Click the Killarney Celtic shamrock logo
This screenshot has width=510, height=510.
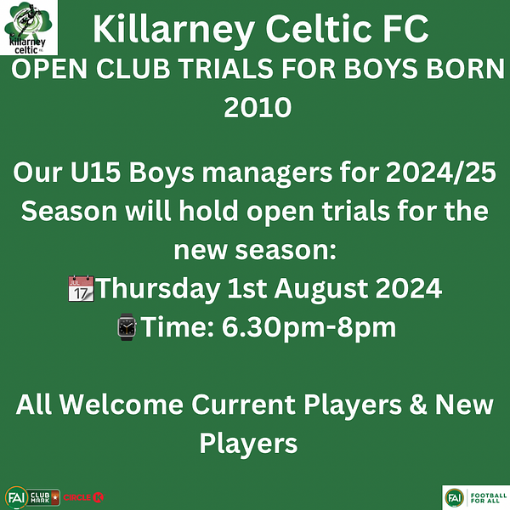[x=29, y=28]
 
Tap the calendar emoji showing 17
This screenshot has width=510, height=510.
[x=81, y=288]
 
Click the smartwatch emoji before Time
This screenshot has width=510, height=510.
[x=127, y=327]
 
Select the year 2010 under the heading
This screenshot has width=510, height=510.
[x=258, y=107]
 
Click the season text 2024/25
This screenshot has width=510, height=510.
[x=441, y=173]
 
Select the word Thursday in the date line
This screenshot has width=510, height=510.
[x=158, y=289]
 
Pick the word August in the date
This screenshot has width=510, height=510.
[x=320, y=289]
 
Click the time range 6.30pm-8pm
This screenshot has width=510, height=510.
[x=309, y=328]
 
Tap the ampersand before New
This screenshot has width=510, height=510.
[x=418, y=405]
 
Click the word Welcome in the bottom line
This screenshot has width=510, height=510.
[x=122, y=405]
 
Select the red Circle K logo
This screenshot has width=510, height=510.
[x=83, y=497]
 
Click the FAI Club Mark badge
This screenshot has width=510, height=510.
[x=32, y=497]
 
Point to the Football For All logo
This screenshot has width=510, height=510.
[x=476, y=497]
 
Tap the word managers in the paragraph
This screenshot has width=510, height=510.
[x=267, y=173]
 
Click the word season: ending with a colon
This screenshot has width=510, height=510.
[x=286, y=251]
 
